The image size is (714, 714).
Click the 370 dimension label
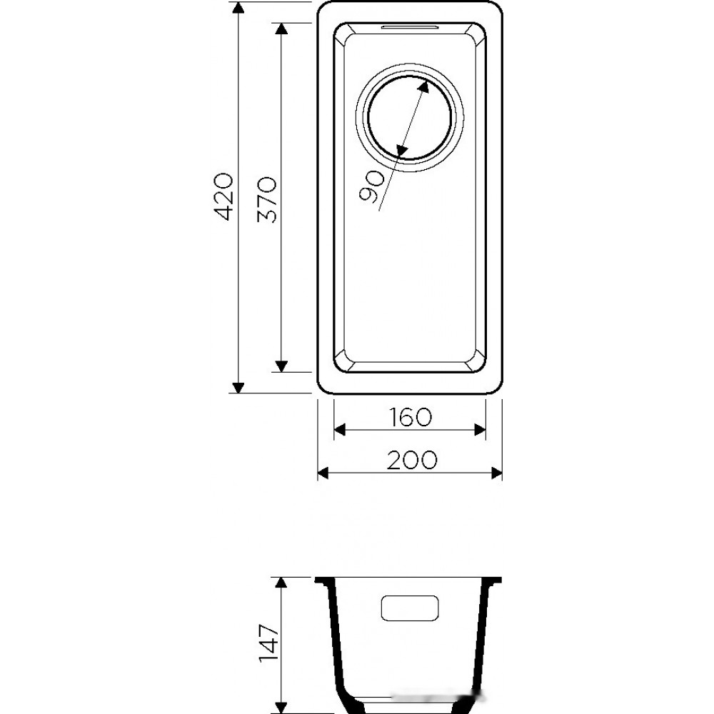[x=267, y=199]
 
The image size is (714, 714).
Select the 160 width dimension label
[x=410, y=417]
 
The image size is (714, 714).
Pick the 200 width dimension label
[x=412, y=460]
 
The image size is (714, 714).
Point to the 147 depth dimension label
[x=268, y=643]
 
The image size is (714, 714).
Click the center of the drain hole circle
[x=410, y=118]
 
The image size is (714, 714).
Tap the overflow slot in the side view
[x=410, y=608]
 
